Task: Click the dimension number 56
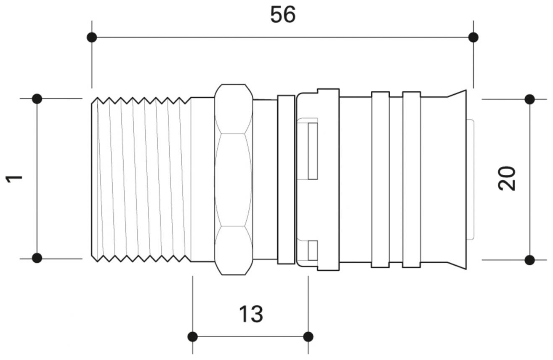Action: [x=283, y=15]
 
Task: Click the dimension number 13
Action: [x=251, y=314]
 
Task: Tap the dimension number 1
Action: [x=15, y=179]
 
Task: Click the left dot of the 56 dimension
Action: [x=92, y=37]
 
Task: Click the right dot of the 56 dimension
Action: [x=473, y=37]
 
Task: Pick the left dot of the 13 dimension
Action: [x=193, y=337]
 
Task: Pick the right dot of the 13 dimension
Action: [x=308, y=337]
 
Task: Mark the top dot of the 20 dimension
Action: [x=530, y=99]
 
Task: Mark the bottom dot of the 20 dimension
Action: [x=530, y=260]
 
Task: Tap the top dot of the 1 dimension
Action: [x=37, y=99]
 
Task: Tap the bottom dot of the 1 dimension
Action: [x=37, y=258]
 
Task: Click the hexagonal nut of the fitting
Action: [x=234, y=179]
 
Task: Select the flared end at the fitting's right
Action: [x=457, y=179]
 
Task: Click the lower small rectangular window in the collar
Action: [x=313, y=250]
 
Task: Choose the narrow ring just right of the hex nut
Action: [x=286, y=179]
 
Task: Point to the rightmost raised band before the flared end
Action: [x=411, y=179]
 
